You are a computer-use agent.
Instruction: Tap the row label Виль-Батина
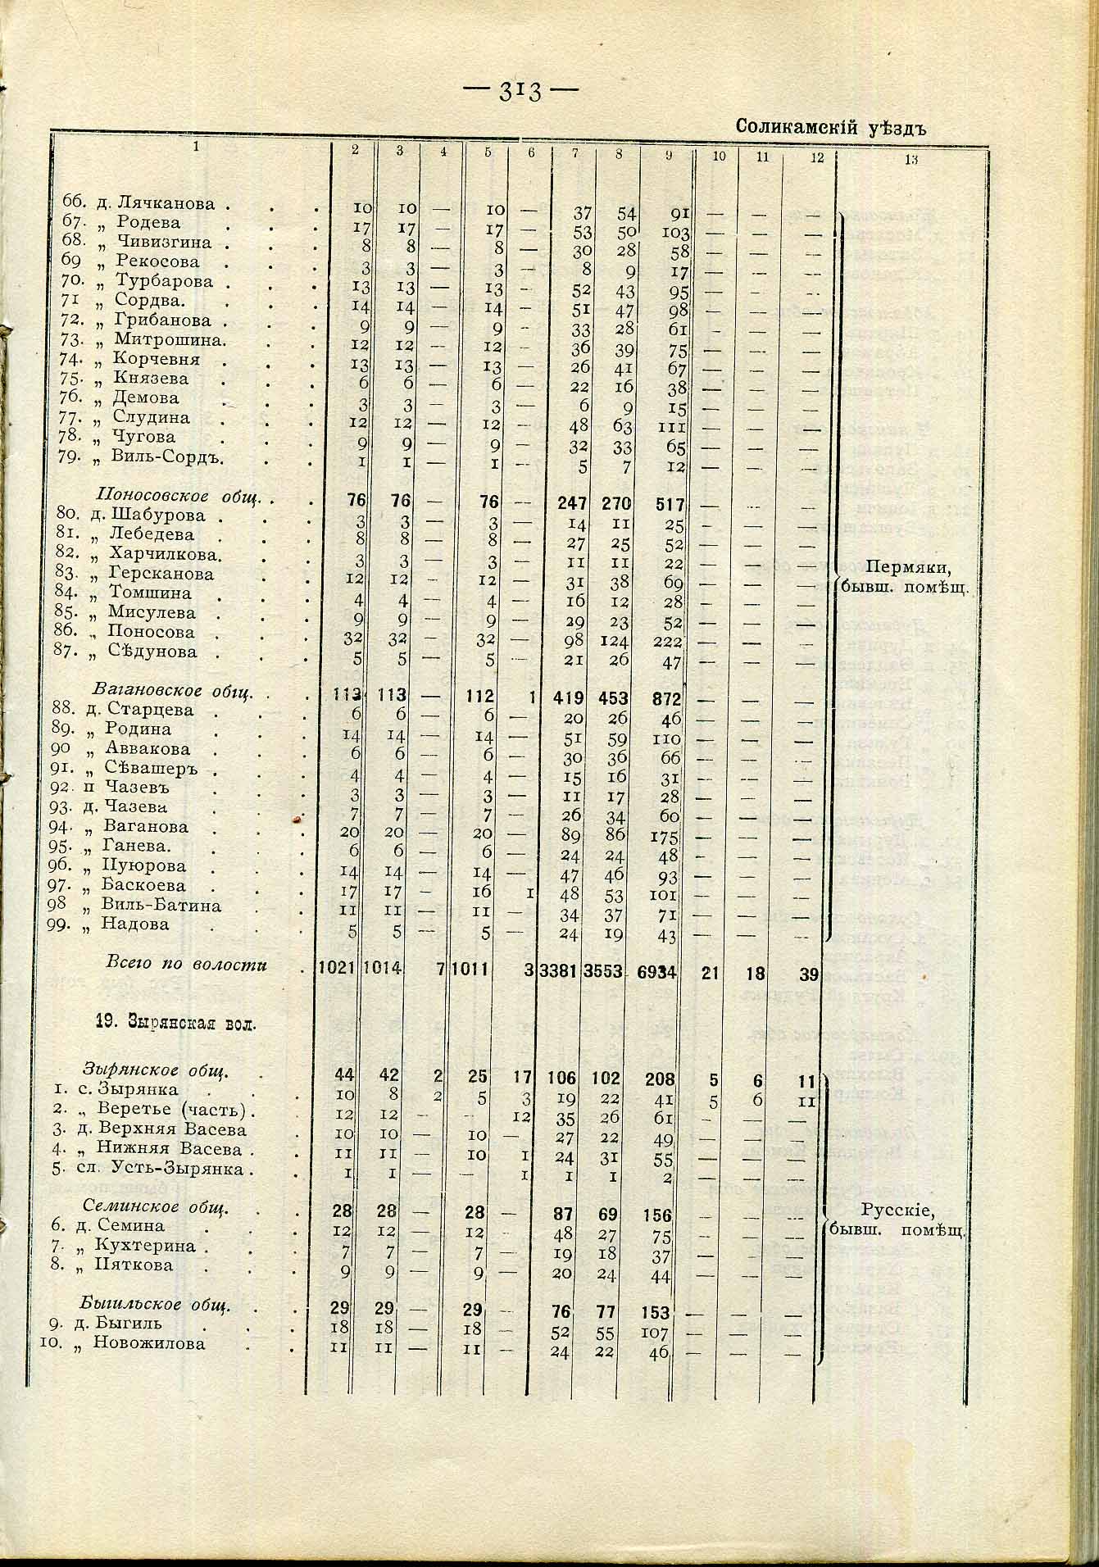[161, 905]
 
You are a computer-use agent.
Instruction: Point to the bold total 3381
[561, 973]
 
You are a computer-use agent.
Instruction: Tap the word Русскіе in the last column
[898, 1211]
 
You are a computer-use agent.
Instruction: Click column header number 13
[911, 160]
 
